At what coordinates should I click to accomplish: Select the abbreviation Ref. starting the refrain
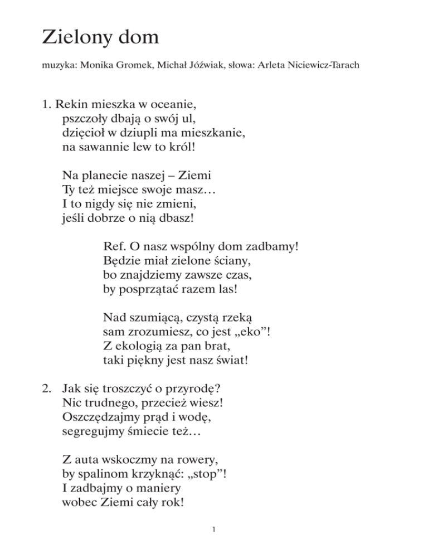click(x=114, y=245)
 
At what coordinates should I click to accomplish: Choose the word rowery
click(x=197, y=460)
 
